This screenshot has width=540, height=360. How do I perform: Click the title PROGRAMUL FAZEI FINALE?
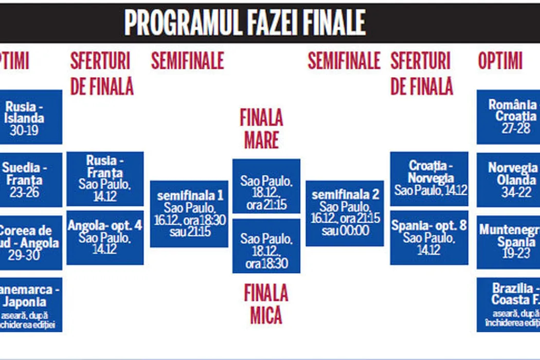[245, 23]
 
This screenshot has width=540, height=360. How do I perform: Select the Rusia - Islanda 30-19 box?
[31, 117]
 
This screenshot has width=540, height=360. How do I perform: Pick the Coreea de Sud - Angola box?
[31, 242]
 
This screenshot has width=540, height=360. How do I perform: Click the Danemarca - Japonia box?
[31, 304]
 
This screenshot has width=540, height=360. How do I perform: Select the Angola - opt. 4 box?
[105, 237]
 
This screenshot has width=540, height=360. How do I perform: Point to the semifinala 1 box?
[189, 213]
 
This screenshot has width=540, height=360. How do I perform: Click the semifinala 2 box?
[345, 213]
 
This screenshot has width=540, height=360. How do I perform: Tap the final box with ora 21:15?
[266, 186]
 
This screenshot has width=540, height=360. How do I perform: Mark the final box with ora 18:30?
[266, 246]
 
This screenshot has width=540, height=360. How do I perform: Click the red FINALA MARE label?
[261, 129]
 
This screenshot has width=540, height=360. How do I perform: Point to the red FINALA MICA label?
[266, 303]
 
